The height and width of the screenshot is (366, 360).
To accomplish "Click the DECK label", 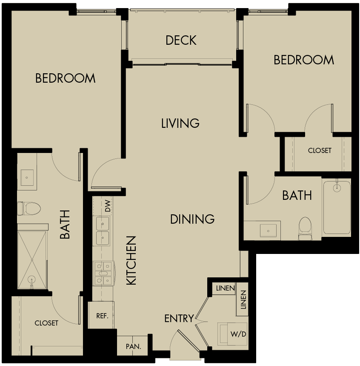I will (x=181, y=40).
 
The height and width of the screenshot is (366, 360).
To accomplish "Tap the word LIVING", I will (x=180, y=123).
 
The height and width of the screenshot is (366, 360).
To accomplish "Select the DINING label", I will (x=192, y=219).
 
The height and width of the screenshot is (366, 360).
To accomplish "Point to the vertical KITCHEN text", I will (x=131, y=260).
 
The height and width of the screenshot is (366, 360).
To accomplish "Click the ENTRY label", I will (x=179, y=318).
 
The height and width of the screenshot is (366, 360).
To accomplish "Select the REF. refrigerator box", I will (x=101, y=316).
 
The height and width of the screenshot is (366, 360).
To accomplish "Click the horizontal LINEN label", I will (x=225, y=288).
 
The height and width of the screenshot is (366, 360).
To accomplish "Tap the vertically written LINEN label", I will (x=243, y=300).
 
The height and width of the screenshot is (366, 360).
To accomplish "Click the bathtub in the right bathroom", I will (x=337, y=207).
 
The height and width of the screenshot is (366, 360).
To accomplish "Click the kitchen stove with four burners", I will (x=103, y=273).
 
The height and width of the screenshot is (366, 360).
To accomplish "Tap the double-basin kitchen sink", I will (x=103, y=231).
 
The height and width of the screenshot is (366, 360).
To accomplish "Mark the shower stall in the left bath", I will (x=32, y=260).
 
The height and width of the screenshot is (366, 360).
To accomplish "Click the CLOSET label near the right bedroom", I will (x=320, y=150).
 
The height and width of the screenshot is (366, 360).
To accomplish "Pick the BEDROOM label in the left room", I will (x=65, y=78).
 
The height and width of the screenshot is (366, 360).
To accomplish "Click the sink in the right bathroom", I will (x=268, y=231).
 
